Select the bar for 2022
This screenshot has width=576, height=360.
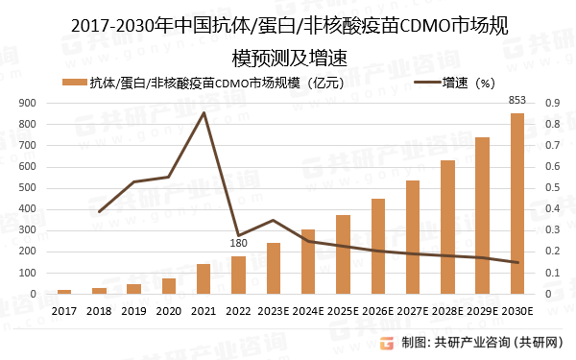238,276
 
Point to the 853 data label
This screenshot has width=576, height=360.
516,100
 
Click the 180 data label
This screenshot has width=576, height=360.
238,244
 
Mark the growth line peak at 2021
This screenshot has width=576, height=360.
204,113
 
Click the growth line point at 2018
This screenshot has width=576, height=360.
99,211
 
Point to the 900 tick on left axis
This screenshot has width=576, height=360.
27,103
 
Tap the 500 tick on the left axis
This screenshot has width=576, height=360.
27,188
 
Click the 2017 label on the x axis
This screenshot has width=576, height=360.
64,311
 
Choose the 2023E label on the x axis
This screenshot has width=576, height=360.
274,311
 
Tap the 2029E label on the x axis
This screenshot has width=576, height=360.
482,311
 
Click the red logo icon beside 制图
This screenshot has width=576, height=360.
386,343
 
